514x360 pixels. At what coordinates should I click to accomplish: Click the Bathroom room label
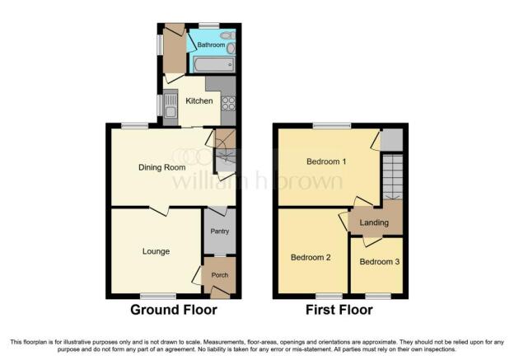(211, 44)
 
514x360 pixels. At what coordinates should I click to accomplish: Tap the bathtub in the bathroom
(213, 64)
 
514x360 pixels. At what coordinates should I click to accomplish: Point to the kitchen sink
(171, 105)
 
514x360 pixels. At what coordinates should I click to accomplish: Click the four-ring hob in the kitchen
(228, 103)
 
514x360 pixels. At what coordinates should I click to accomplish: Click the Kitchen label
(199, 101)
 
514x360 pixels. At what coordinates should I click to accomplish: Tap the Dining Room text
(162, 167)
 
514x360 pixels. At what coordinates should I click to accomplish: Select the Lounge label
(156, 251)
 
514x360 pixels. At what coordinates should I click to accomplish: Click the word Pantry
(220, 231)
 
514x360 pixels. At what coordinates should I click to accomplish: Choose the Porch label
(220, 275)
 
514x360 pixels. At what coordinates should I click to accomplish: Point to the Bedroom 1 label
(326, 161)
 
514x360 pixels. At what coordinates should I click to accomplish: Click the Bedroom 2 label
(311, 257)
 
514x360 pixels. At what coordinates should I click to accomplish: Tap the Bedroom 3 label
(379, 262)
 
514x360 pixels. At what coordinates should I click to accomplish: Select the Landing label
(374, 222)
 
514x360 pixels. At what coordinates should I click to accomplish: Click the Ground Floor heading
(174, 310)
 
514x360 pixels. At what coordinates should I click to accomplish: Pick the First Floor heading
(339, 310)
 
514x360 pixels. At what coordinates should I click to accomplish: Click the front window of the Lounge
(158, 297)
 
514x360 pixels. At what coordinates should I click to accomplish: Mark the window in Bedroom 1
(332, 125)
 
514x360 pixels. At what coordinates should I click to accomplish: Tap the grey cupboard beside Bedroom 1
(392, 140)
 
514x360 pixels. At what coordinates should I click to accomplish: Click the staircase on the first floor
(393, 177)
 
